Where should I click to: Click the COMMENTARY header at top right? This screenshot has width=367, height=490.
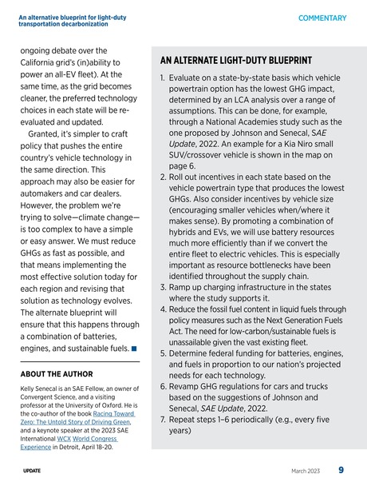coord(322,18)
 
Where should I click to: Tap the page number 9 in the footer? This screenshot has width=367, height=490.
coord(340,470)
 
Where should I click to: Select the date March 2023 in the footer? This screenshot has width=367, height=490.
coord(307,471)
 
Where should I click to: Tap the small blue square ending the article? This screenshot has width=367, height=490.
coord(133,349)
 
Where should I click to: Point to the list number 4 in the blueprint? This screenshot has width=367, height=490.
coord(163,309)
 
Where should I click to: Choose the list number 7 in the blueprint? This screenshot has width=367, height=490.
coord(163,418)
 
